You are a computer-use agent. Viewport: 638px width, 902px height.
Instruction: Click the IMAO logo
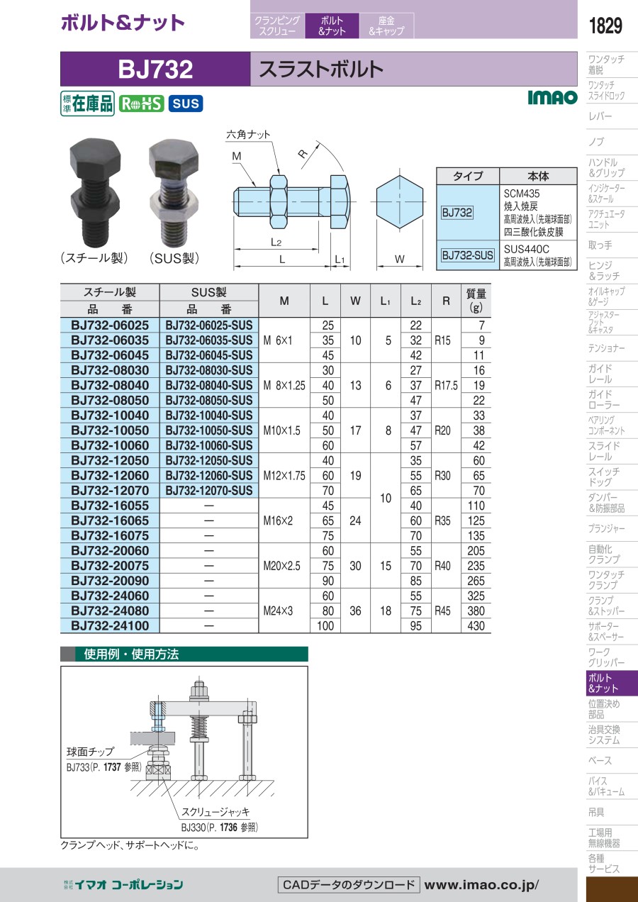pyautogui.click(x=552, y=97)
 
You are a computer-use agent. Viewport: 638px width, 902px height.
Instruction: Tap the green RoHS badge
pyautogui.click(x=141, y=104)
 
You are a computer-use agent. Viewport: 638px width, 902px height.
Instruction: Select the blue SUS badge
pyautogui.click(x=186, y=104)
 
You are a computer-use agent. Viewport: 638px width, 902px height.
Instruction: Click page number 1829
pyautogui.click(x=605, y=26)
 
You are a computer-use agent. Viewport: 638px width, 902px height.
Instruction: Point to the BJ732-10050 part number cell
pyautogui.click(x=110, y=430)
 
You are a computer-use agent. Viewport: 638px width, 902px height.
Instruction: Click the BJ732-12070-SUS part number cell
pyautogui.click(x=209, y=491)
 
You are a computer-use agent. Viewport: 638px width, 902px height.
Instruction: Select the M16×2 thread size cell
pyautogui.click(x=278, y=520)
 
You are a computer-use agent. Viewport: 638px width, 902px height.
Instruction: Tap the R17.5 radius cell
pyautogui.click(x=446, y=385)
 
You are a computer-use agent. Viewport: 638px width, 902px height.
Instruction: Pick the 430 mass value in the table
pyautogui.click(x=476, y=625)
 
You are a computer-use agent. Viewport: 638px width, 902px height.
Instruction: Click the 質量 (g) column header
pyautogui.click(x=476, y=301)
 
